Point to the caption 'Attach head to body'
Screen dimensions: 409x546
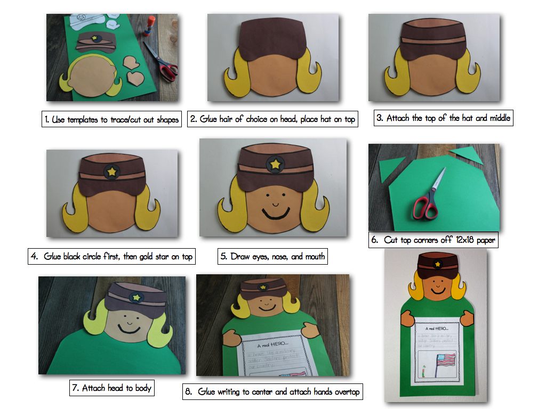(112, 388)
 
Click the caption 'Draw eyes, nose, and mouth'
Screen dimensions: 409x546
(272, 256)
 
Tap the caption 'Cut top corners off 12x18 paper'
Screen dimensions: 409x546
(433, 240)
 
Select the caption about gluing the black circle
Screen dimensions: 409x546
(111, 256)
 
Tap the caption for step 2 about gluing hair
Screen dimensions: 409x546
(272, 119)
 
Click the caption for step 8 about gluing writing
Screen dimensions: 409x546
(272, 391)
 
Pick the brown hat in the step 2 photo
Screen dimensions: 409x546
(272, 39)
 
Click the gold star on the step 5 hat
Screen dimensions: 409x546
(275, 164)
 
